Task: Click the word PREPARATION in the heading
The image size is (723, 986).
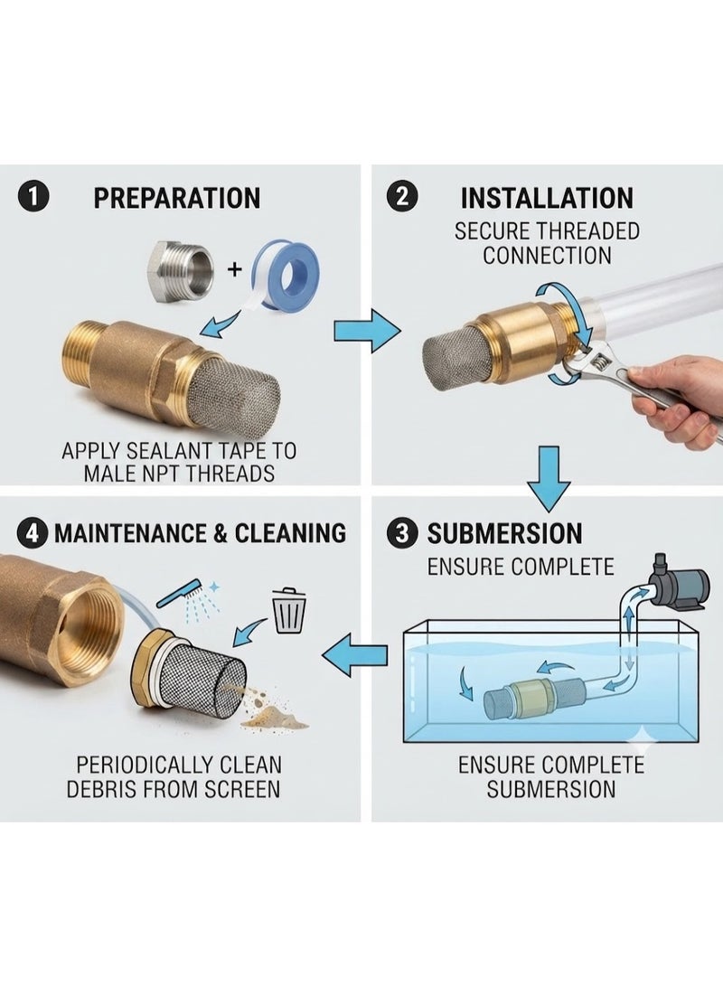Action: pos(176,198)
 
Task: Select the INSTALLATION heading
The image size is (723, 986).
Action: pos(547,197)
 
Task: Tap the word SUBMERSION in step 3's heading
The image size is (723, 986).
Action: pos(505,534)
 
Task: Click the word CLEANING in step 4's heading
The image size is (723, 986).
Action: pos(290,534)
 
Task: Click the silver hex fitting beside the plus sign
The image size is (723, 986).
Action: pos(181,268)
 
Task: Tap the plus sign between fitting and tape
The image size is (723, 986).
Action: pos(234,270)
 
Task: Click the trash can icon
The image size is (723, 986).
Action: pos(290,610)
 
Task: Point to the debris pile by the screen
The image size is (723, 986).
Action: pos(272,712)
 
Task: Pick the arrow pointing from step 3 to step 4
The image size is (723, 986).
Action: pos(355,656)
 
